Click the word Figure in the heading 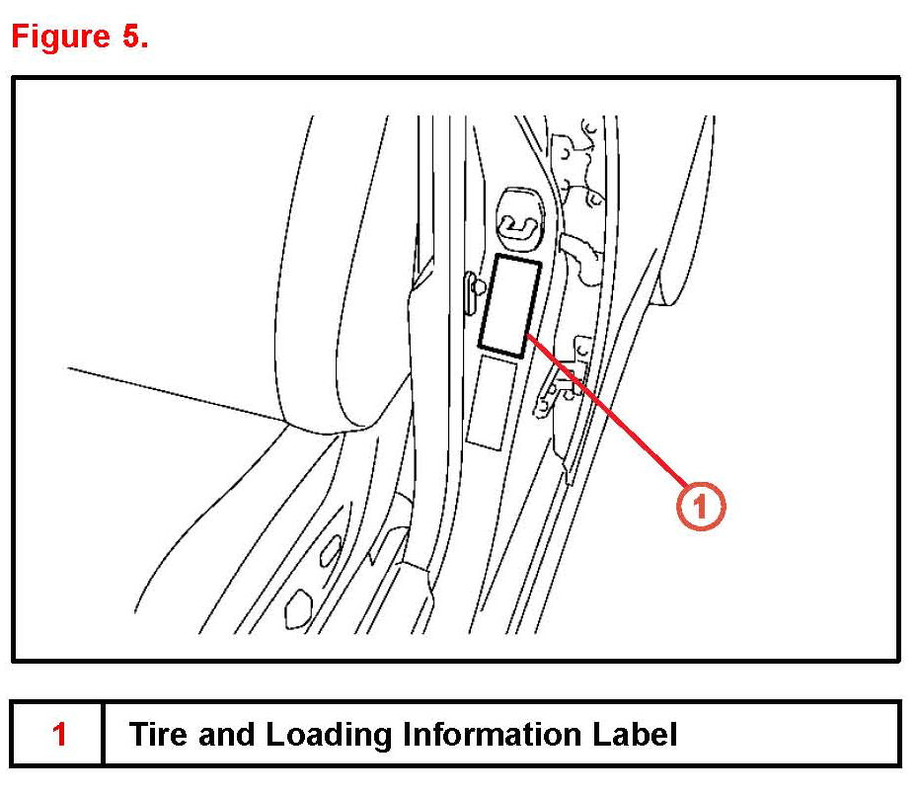(x=60, y=37)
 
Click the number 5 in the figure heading (x=130, y=37)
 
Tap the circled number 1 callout (x=701, y=507)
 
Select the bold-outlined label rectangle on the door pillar (x=509, y=304)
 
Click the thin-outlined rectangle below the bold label (x=492, y=402)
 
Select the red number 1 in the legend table (x=59, y=735)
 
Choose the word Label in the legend (x=638, y=735)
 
